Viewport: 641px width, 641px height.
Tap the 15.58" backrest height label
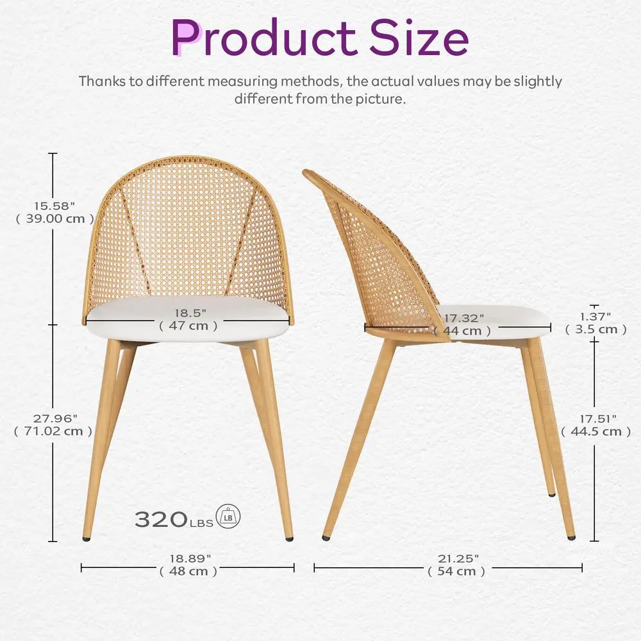click(x=54, y=206)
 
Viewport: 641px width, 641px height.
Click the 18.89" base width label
click(x=188, y=558)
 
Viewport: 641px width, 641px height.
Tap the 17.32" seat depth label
click(x=464, y=318)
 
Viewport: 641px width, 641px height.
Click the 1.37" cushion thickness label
click(x=595, y=316)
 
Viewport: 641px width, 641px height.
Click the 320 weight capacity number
click(x=160, y=519)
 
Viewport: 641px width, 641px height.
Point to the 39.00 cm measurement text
click(x=54, y=219)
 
